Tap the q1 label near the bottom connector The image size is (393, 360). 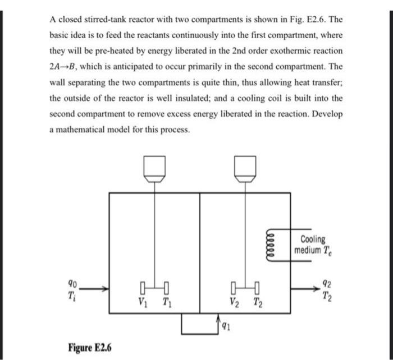tap(226, 324)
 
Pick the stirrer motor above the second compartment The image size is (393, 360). tap(245, 166)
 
